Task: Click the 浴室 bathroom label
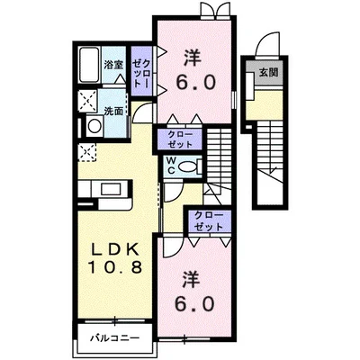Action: [112, 65]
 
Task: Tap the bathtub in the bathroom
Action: [89, 65]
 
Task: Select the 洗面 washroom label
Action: [112, 113]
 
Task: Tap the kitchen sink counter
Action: [105, 190]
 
